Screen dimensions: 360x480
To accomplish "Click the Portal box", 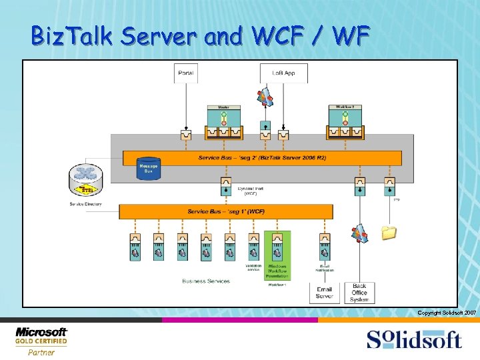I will (186, 73).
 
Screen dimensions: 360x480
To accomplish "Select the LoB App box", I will (283, 73).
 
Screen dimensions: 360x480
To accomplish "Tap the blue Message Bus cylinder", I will (149, 168).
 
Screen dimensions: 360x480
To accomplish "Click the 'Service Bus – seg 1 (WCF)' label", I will (226, 211).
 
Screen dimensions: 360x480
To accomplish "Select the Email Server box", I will (324, 293).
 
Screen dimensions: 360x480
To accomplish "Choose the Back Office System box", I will (359, 292).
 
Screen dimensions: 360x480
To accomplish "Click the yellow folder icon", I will (389, 233).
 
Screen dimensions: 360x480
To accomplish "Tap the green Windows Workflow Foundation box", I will (277, 257).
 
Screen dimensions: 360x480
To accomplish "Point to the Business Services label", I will (206, 281).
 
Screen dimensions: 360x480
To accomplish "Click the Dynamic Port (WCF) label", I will (246, 191).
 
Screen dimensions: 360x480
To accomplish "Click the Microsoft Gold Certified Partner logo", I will (41, 340).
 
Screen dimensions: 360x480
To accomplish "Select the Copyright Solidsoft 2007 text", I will (447, 313).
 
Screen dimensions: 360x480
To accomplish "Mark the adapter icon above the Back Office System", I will (359, 233).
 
